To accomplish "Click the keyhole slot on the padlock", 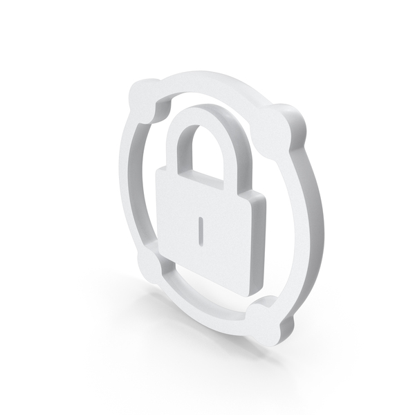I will [x=199, y=230].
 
